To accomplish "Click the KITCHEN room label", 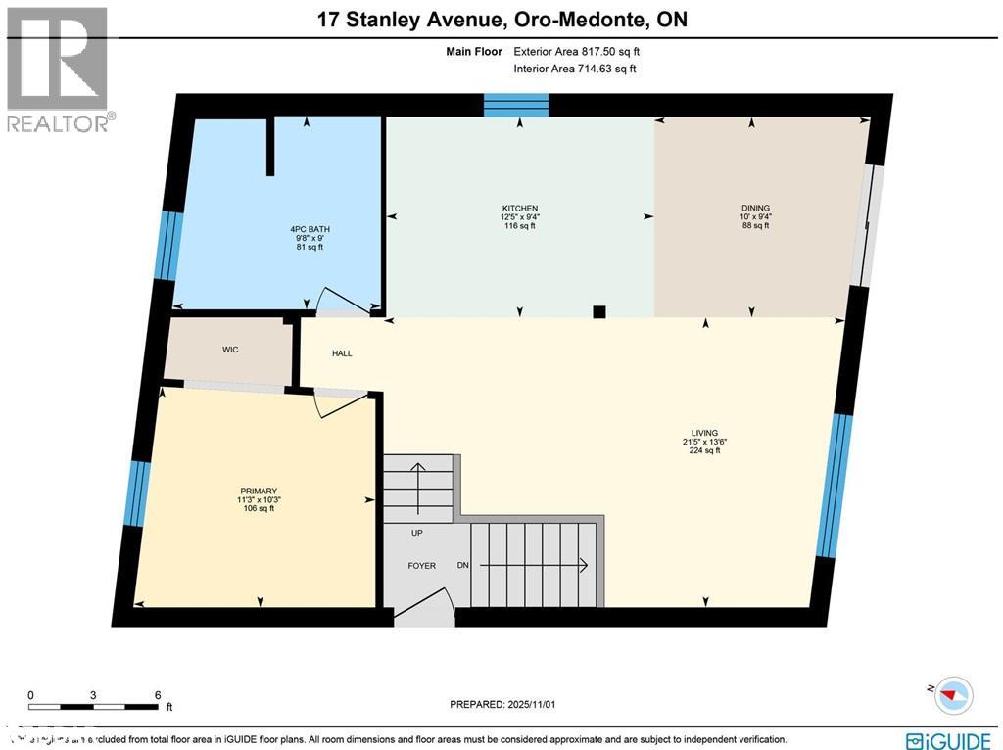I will (520, 208).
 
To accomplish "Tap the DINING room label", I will (755, 208).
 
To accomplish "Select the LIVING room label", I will (703, 433).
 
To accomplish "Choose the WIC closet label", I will (230, 350).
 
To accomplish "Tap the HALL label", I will (342, 353).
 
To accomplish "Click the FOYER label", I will (422, 566).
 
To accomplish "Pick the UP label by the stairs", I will (416, 534).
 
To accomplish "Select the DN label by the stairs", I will (463, 566).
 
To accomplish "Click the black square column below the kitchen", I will (599, 312).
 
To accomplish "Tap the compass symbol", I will (952, 695).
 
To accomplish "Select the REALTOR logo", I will (58, 69).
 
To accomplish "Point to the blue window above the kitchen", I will (516, 105).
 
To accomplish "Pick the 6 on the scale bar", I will (157, 694).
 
